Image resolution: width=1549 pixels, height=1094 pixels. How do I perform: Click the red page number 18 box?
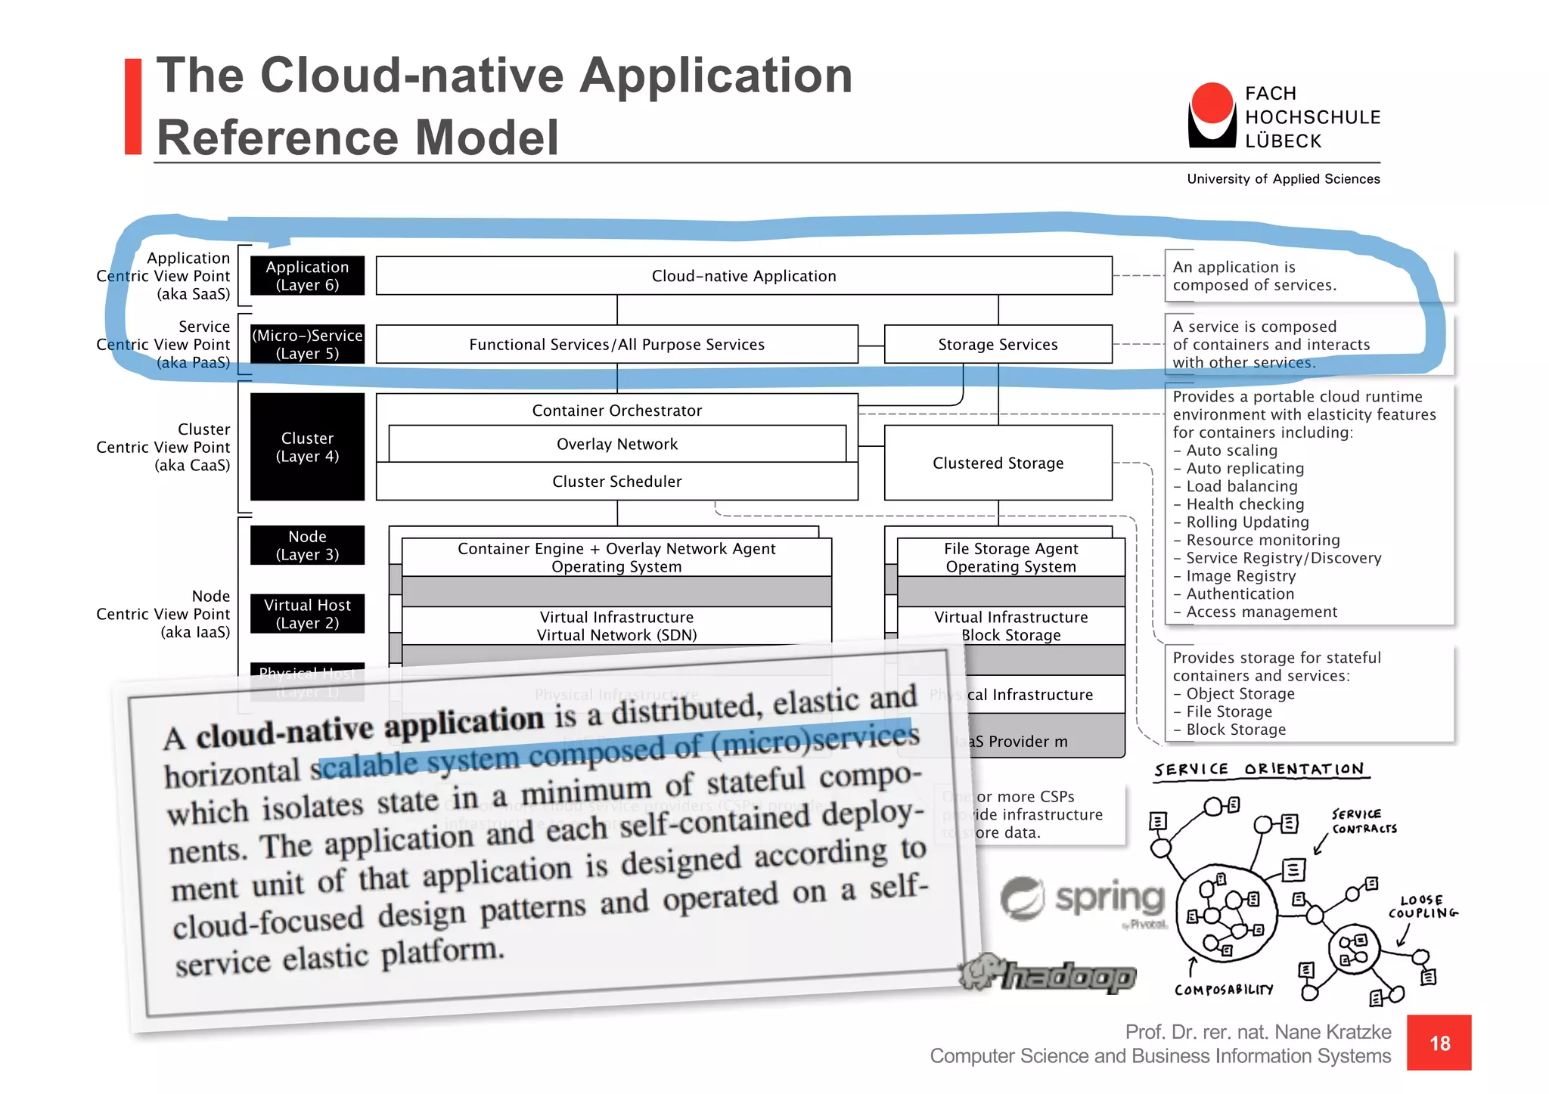click(1439, 1043)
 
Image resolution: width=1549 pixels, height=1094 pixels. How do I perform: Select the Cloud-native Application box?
click(743, 276)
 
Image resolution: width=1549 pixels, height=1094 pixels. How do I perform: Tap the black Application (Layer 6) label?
click(307, 276)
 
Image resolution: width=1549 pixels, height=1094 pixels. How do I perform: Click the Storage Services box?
click(998, 345)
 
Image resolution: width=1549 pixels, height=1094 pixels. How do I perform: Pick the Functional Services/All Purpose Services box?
click(616, 345)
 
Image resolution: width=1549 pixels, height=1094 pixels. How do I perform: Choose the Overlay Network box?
click(616, 445)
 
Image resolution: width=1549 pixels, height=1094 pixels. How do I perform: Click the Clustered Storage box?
click(998, 463)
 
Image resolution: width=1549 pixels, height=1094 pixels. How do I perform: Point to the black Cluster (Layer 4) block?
click(307, 447)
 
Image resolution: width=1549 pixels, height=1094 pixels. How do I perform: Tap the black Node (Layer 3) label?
click(307, 545)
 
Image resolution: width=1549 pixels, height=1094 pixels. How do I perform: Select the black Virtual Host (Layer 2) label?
click(307, 614)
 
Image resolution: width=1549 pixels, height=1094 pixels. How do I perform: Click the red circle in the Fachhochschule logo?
click(1212, 103)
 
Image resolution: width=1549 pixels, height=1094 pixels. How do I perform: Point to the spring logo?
click(1083, 900)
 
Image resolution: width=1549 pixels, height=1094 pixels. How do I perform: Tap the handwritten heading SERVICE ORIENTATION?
click(1259, 770)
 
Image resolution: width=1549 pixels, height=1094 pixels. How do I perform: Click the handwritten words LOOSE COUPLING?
click(1422, 907)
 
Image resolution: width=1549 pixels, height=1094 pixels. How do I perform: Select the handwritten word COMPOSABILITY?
click(1223, 990)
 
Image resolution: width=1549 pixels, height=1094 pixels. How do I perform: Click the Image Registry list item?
click(1240, 576)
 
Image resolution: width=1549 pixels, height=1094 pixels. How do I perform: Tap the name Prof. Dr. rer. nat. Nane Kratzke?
click(1258, 1032)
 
